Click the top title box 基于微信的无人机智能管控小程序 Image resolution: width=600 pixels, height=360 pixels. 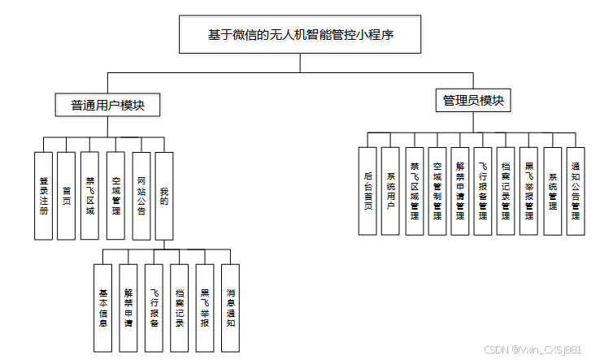pos(301,35)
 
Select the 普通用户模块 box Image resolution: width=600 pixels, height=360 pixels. pos(107,105)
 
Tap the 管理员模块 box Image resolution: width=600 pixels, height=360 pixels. pos(473,102)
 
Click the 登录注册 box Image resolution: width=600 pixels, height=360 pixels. pos(44,195)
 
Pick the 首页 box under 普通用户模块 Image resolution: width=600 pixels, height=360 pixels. pos(67,195)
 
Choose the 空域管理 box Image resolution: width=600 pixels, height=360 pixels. pos(115,195)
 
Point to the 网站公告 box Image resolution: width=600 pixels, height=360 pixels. pos(141,195)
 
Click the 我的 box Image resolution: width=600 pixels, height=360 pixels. pos(164,195)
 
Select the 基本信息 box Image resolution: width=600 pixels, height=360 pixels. pos(103,307)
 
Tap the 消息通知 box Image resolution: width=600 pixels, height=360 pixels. pos(231,307)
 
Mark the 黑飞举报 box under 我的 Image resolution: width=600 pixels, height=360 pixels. pos(205,307)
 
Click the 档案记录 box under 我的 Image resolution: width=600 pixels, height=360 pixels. pos(180,307)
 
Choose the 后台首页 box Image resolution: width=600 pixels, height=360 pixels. pos(367,191)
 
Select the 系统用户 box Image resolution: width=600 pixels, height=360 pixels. pos(391,191)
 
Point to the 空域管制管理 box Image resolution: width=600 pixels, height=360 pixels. pos(437,191)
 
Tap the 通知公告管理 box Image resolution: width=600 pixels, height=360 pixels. pos(576,191)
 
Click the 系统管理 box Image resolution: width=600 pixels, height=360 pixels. pos(553,191)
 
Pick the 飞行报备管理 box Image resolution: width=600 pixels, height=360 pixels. pos(483,191)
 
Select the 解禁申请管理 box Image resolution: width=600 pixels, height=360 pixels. pos(460,191)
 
